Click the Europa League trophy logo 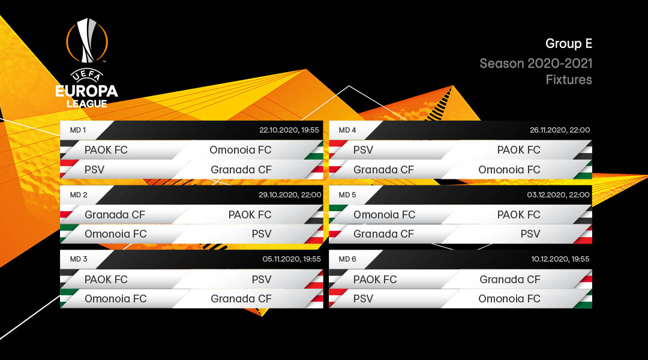pyautogui.click(x=88, y=63)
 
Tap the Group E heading pyautogui.click(x=569, y=44)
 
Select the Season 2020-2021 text pyautogui.click(x=536, y=64)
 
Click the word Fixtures pyautogui.click(x=569, y=79)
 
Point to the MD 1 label pyautogui.click(x=78, y=130)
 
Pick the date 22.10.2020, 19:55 pyautogui.click(x=290, y=130)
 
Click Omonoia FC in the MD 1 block pyautogui.click(x=240, y=150)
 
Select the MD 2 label pyautogui.click(x=79, y=195)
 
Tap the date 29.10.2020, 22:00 pyautogui.click(x=290, y=195)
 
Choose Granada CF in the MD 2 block pyautogui.click(x=115, y=215)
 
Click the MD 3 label pyautogui.click(x=79, y=259)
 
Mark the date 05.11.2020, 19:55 pyautogui.click(x=292, y=259)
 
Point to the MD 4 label pyautogui.click(x=347, y=130)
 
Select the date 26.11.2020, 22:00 pyautogui.click(x=560, y=130)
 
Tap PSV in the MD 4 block pyautogui.click(x=363, y=150)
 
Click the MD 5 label pyautogui.click(x=347, y=195)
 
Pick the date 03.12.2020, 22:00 pyautogui.click(x=560, y=195)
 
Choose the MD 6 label pyautogui.click(x=347, y=259)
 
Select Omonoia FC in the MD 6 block pyautogui.click(x=509, y=299)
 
